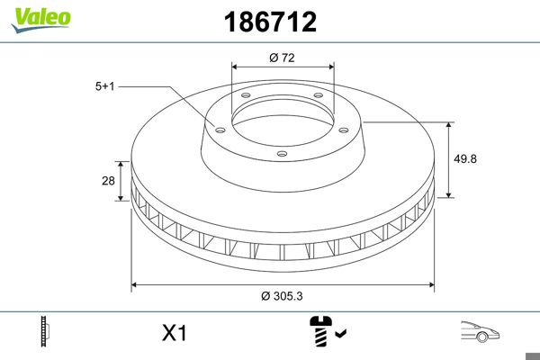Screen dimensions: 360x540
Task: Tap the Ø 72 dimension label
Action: [283, 58]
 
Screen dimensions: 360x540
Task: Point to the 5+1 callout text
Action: [105, 86]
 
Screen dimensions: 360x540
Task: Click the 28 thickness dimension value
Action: [108, 181]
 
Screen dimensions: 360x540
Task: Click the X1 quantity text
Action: [173, 334]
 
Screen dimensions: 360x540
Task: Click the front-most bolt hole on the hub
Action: [282, 154]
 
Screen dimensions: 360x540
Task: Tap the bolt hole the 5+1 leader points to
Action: [217, 127]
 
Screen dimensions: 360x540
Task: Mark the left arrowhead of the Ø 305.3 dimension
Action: [135, 285]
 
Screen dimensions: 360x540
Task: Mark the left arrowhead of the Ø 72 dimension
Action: [236, 66]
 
